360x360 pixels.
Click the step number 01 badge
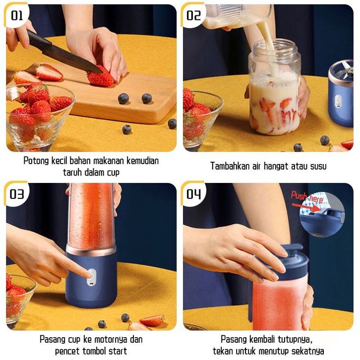pyautogui.click(x=17, y=15)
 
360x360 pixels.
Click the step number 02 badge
pyautogui.click(x=193, y=15)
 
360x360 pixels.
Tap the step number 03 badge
pyautogui.click(x=16, y=194)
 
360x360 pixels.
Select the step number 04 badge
pyautogui.click(x=193, y=194)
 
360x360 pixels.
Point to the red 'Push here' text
pyautogui.click(x=307, y=197)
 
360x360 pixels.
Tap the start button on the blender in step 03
pyautogui.click(x=92, y=276)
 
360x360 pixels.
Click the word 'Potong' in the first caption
pyautogui.click(x=36, y=161)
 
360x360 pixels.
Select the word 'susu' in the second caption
pyautogui.click(x=318, y=166)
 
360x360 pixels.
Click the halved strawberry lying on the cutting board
pyautogui.click(x=49, y=72)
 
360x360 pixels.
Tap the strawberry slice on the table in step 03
pyautogui.click(x=152, y=320)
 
